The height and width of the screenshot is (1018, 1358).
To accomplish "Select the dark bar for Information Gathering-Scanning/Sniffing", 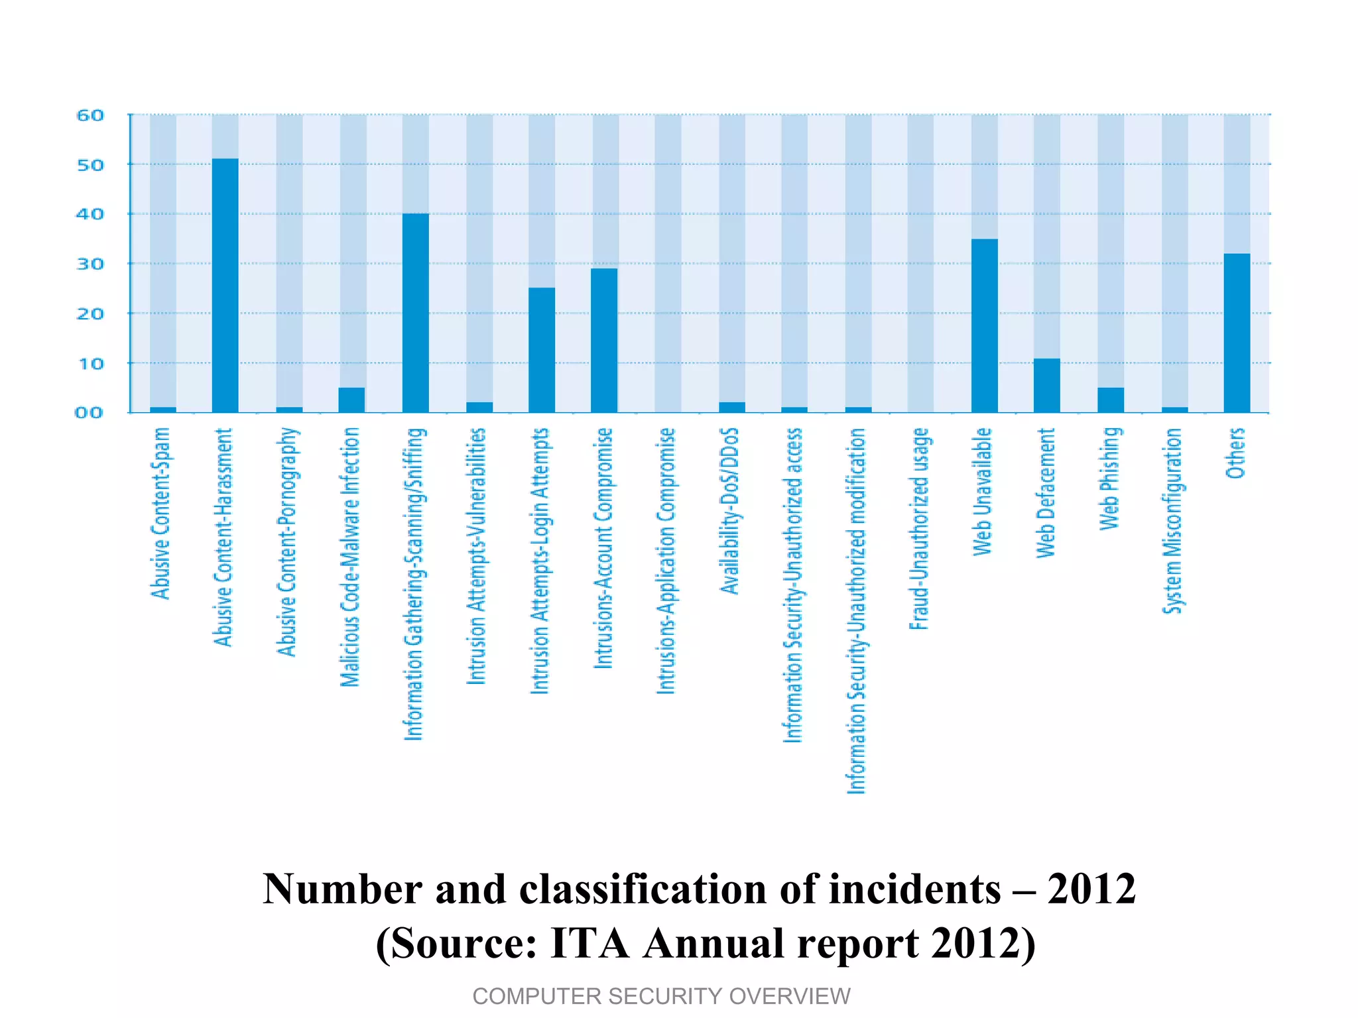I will (x=415, y=313).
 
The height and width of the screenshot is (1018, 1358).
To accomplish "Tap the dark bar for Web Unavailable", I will (x=984, y=325).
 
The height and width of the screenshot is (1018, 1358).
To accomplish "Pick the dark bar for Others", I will (x=1237, y=333).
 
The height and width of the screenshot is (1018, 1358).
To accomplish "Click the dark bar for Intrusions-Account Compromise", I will (x=604, y=340).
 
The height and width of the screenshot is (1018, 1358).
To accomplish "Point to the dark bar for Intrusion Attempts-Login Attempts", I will (x=542, y=350).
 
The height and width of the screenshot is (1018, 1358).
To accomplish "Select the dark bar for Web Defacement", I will (x=1046, y=385).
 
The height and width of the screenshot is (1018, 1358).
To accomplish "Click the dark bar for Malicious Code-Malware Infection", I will (x=351, y=400).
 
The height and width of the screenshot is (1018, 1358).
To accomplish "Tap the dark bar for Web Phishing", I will (x=1111, y=400).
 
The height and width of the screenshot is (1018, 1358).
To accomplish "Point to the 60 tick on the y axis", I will (x=90, y=115).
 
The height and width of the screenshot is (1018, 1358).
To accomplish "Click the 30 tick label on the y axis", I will (x=90, y=264).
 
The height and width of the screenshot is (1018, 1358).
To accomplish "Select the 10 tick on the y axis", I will (x=90, y=363).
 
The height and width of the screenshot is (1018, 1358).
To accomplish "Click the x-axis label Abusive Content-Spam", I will (x=161, y=513).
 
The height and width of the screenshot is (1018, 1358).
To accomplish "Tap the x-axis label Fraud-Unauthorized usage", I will (x=920, y=528).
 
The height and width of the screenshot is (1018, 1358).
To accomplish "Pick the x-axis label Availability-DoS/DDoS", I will (x=729, y=511).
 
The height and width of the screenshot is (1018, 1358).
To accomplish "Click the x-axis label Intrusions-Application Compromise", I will (x=666, y=561).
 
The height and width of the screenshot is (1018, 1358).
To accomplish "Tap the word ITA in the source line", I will (x=589, y=943).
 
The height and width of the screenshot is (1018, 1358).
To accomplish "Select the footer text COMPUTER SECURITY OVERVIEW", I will (x=661, y=996).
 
